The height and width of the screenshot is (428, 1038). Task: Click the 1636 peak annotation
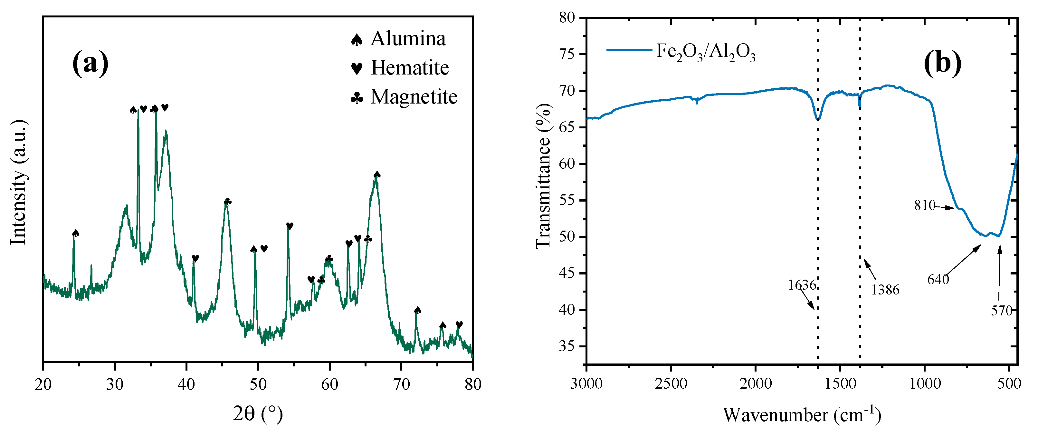802,285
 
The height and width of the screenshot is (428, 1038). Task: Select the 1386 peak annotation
885,290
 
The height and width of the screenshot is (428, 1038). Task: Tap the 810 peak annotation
924,205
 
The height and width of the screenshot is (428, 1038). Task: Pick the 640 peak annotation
938,279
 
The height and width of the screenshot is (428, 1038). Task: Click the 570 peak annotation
1001,311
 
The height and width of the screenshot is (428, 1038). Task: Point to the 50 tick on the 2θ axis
258,384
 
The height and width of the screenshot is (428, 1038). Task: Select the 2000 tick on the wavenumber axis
756,383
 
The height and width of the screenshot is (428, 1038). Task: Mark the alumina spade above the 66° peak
377,174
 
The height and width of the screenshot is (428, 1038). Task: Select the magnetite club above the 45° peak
228,201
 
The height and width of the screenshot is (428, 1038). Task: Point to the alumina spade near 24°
76,233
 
